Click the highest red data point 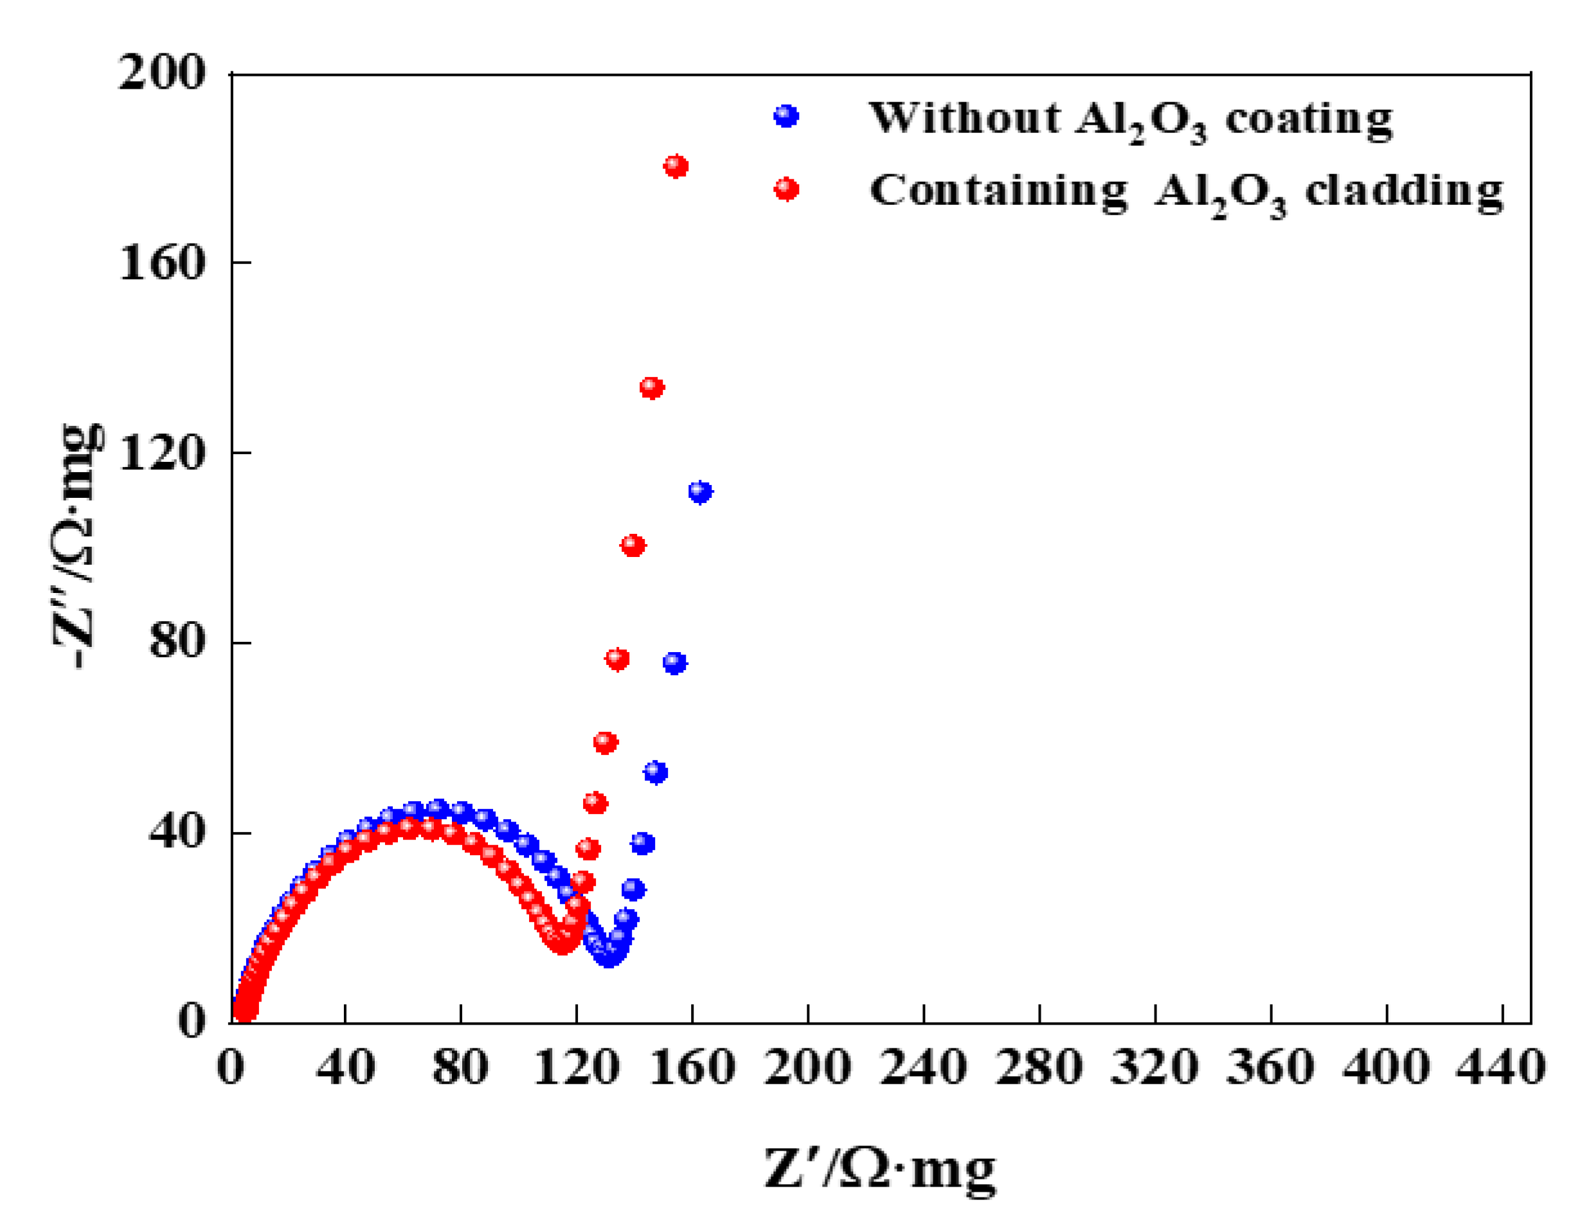[x=676, y=166]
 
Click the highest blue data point [x=700, y=491]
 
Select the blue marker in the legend [x=786, y=116]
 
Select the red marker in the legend [x=786, y=189]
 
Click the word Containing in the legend [x=998, y=192]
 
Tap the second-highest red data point [x=652, y=387]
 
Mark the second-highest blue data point [x=674, y=662]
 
